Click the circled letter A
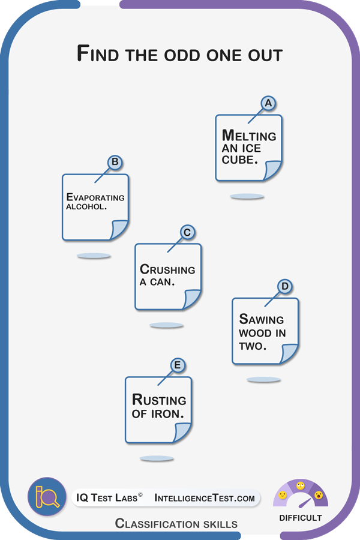click(268, 103)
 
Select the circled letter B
click(115, 162)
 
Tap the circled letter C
click(187, 232)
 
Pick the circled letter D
click(285, 286)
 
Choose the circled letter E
click(177, 365)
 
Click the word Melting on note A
click(249, 136)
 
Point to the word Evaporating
click(95, 197)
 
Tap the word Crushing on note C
click(167, 269)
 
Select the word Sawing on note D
click(262, 319)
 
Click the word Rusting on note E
click(159, 400)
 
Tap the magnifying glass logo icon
click(47, 496)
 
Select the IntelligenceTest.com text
click(205, 498)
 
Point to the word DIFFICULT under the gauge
click(301, 517)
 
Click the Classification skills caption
click(176, 524)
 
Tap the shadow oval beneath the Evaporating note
click(94, 256)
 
